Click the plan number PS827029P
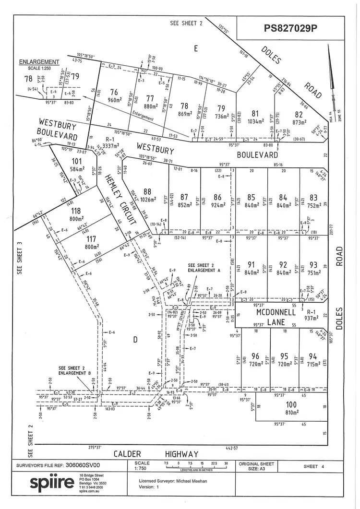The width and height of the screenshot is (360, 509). pyautogui.click(x=291, y=28)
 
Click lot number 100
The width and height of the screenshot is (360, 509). pyautogui.click(x=291, y=405)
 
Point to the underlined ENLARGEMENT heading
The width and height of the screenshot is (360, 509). pyautogui.click(x=38, y=62)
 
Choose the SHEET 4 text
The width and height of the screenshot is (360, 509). pyautogui.click(x=314, y=466)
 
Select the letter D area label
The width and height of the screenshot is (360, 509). pyautogui.click(x=135, y=340)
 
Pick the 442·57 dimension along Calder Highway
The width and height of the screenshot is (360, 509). pyautogui.click(x=231, y=448)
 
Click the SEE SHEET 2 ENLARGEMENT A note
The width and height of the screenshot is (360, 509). pyautogui.click(x=204, y=268)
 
